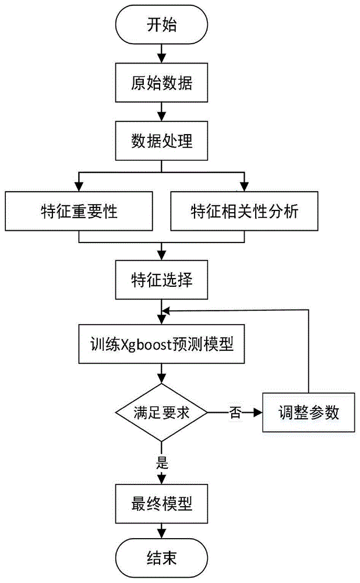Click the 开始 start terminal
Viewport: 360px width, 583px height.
coord(161,26)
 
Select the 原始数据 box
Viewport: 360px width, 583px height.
coord(161,83)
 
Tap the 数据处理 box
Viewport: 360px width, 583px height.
coord(161,141)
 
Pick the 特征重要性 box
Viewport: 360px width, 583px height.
coord(79,211)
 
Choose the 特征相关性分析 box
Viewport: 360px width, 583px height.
coord(245,211)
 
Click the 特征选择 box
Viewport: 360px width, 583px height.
coord(161,280)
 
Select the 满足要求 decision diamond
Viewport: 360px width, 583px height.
coord(161,413)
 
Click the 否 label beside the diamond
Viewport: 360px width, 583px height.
coord(235,413)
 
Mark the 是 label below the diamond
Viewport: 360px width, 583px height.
coord(163,463)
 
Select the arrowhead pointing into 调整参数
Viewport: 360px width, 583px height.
coord(257,413)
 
